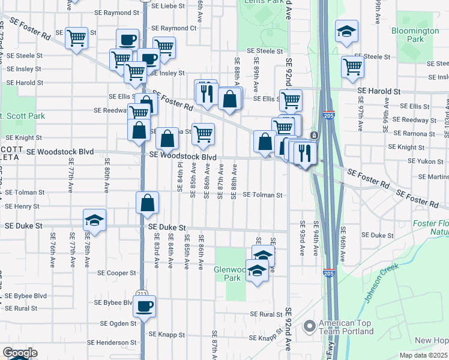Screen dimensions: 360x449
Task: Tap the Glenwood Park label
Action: pyautogui.click(x=230, y=274)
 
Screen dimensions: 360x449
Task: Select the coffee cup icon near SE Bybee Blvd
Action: pyautogui.click(x=144, y=307)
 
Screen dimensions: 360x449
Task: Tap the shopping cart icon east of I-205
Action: pyautogui.click(x=352, y=67)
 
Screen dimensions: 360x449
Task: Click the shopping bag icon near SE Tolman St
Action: pyautogui.click(x=147, y=203)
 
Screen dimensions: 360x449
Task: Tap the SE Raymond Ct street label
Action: pyautogui.click(x=174, y=28)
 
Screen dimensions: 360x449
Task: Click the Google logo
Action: pyautogui.click(x=19, y=353)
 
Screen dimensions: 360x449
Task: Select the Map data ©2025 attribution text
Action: pyautogui.click(x=423, y=355)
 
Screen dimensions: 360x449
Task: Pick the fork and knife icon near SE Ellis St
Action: pyautogui.click(x=206, y=93)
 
